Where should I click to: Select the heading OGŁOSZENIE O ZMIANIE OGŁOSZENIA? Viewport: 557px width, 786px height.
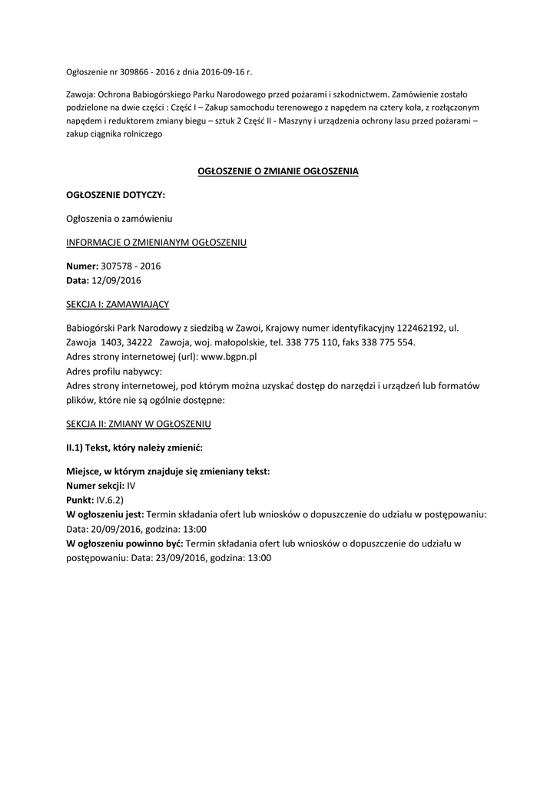coord(278,171)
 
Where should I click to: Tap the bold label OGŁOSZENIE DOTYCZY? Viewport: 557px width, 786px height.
coord(115,195)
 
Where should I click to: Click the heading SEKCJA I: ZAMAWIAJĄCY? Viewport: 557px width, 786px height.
coord(118,304)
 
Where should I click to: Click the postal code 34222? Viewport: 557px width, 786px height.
coord(138,342)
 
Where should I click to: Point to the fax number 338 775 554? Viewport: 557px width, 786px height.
coord(387,342)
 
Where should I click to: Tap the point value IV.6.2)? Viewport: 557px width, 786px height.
coord(109,500)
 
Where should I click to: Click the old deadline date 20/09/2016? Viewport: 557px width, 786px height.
coord(115,530)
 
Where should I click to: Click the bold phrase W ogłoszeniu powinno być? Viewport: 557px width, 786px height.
coord(124,544)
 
